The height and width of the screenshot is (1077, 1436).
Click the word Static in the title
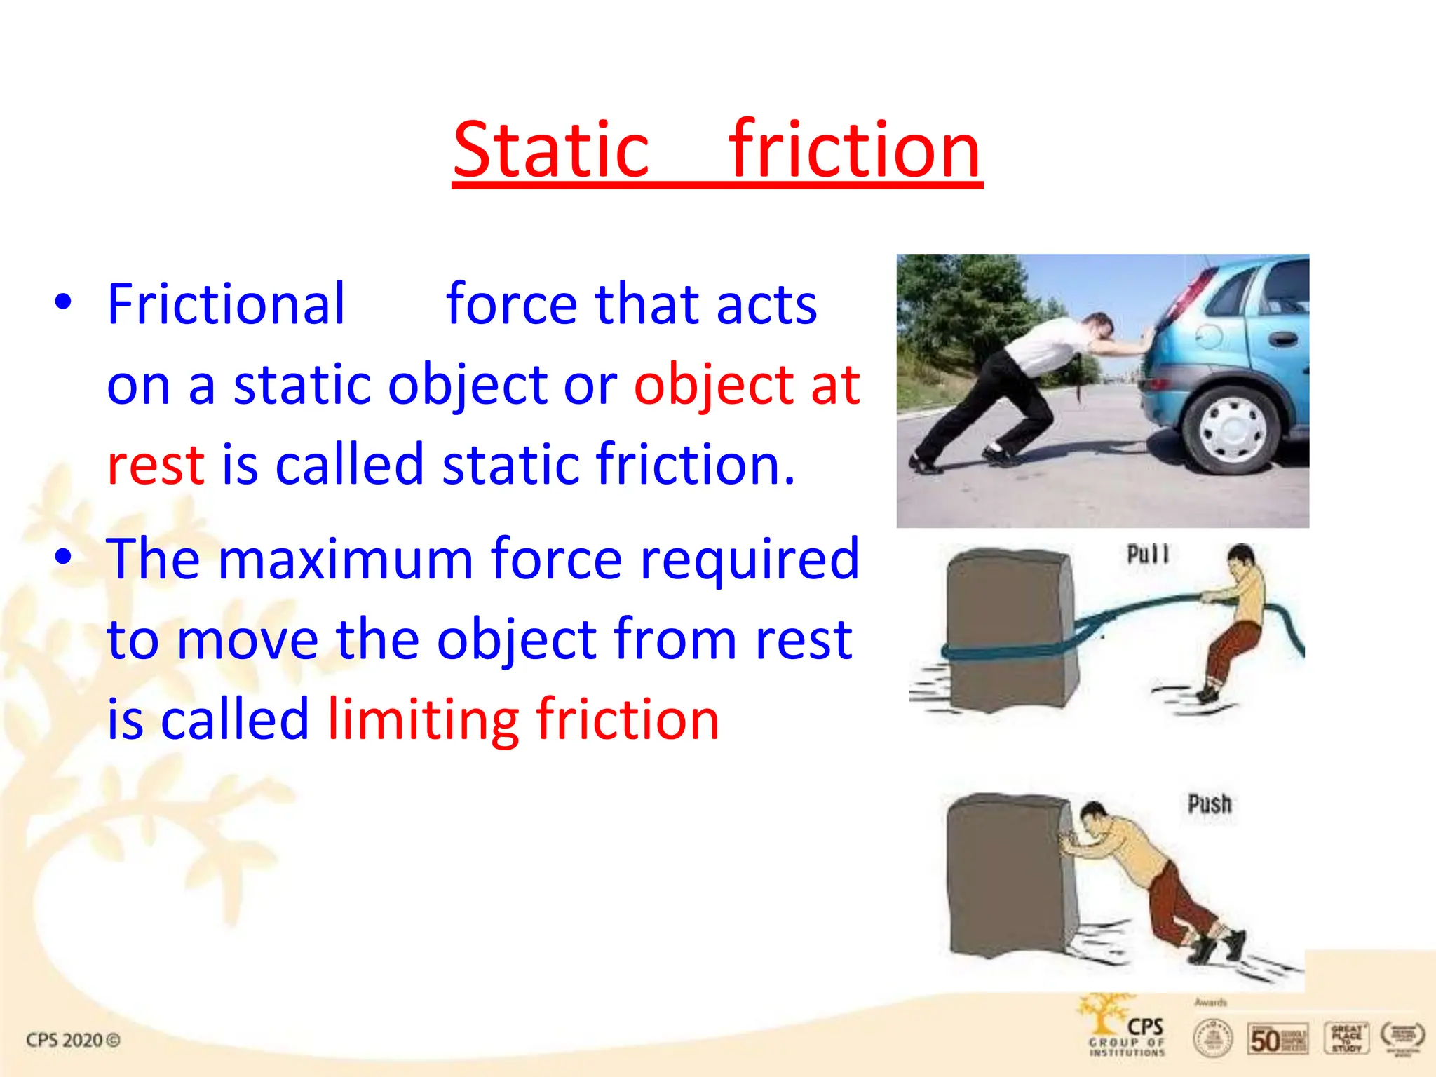point(551,150)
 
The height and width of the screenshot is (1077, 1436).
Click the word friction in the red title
point(854,150)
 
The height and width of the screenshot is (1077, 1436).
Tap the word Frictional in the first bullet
point(226,304)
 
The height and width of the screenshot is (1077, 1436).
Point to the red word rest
point(156,464)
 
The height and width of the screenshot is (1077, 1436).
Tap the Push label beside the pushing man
point(1210,804)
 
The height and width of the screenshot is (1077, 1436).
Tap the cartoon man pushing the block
point(1150,876)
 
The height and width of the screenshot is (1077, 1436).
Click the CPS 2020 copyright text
point(73,1040)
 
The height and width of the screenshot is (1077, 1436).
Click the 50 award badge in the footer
point(1278,1038)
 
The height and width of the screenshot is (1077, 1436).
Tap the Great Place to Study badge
point(1346,1038)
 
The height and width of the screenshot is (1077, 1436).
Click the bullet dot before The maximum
point(63,557)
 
